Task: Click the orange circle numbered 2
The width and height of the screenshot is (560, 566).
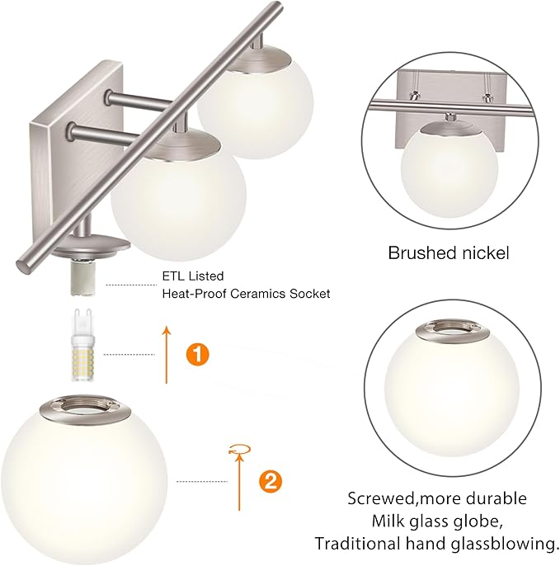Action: pos(266,480)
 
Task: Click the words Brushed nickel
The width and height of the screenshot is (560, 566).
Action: pos(449,252)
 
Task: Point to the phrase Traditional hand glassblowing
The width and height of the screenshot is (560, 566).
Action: pos(436,544)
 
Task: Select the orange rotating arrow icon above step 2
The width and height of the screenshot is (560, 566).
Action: pos(238,450)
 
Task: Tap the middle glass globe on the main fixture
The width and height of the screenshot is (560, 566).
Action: pos(177,196)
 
